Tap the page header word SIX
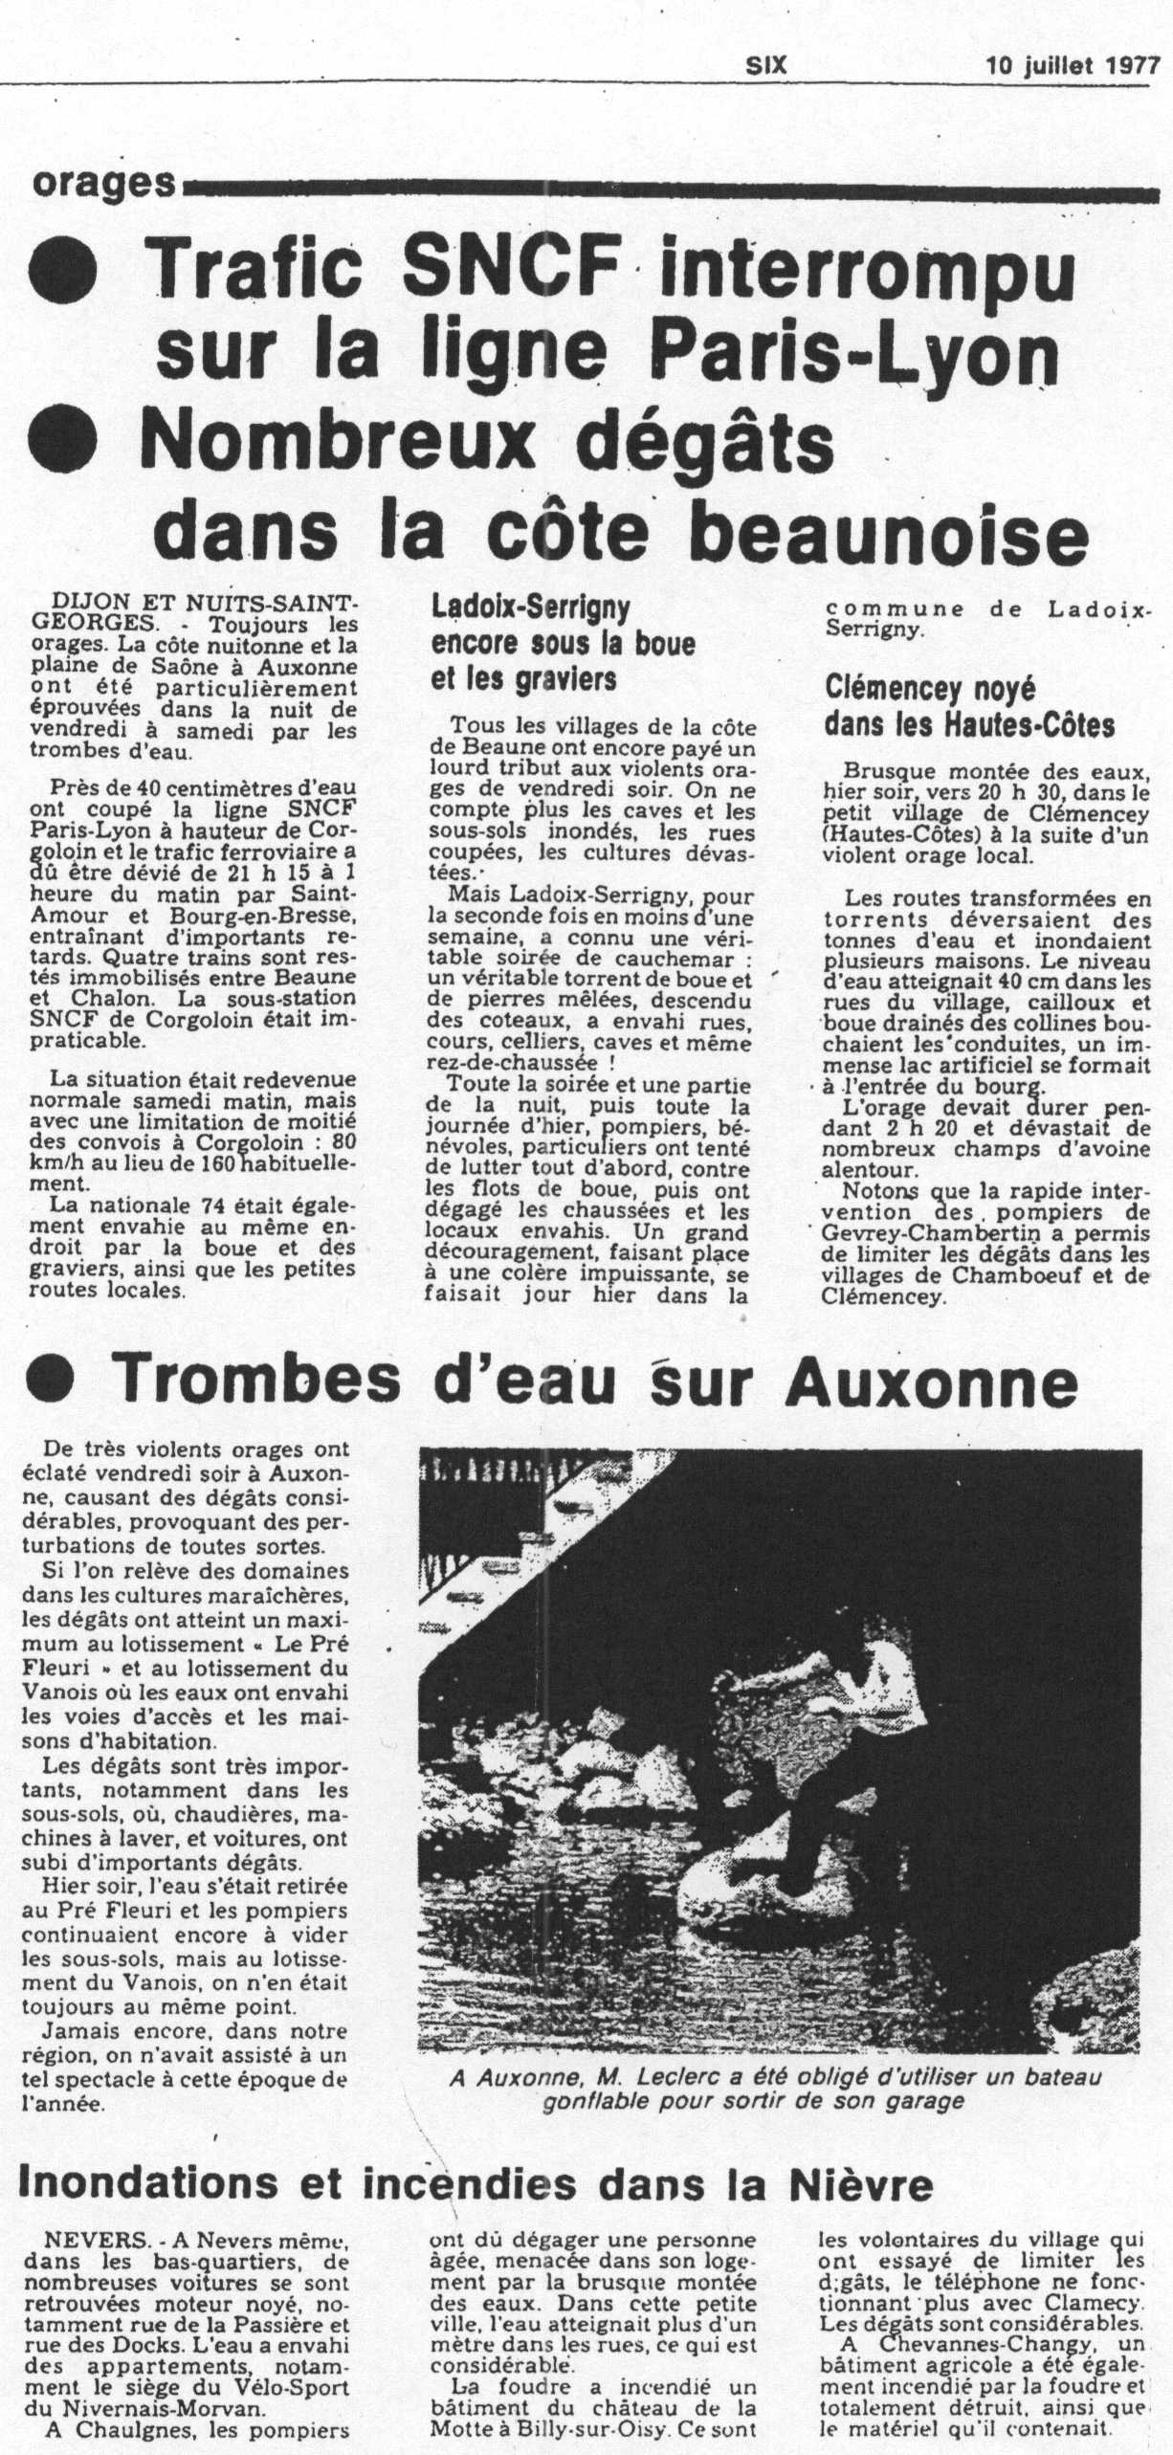coord(765,65)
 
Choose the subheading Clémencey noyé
coord(929,689)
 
